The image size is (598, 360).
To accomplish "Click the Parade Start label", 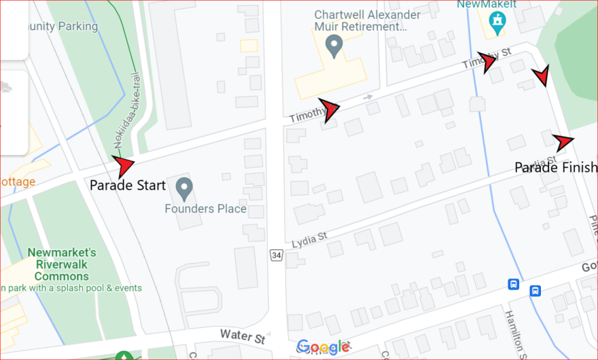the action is (x=128, y=185).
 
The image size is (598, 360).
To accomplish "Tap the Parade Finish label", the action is (x=555, y=168).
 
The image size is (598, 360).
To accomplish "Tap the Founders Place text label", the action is (x=205, y=209).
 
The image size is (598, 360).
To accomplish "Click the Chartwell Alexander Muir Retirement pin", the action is (x=334, y=46).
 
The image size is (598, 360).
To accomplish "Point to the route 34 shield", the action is (x=276, y=255).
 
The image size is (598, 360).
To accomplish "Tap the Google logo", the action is (x=323, y=347).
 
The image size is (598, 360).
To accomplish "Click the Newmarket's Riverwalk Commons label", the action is (x=62, y=264).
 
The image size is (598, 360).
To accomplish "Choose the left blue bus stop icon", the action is (x=514, y=284).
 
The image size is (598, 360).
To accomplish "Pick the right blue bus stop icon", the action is (x=535, y=291).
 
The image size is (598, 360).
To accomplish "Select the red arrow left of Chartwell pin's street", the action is (x=329, y=109).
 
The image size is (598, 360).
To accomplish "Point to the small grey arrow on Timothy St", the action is (x=367, y=98).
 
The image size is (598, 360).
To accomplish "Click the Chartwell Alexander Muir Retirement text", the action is (x=367, y=21).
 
